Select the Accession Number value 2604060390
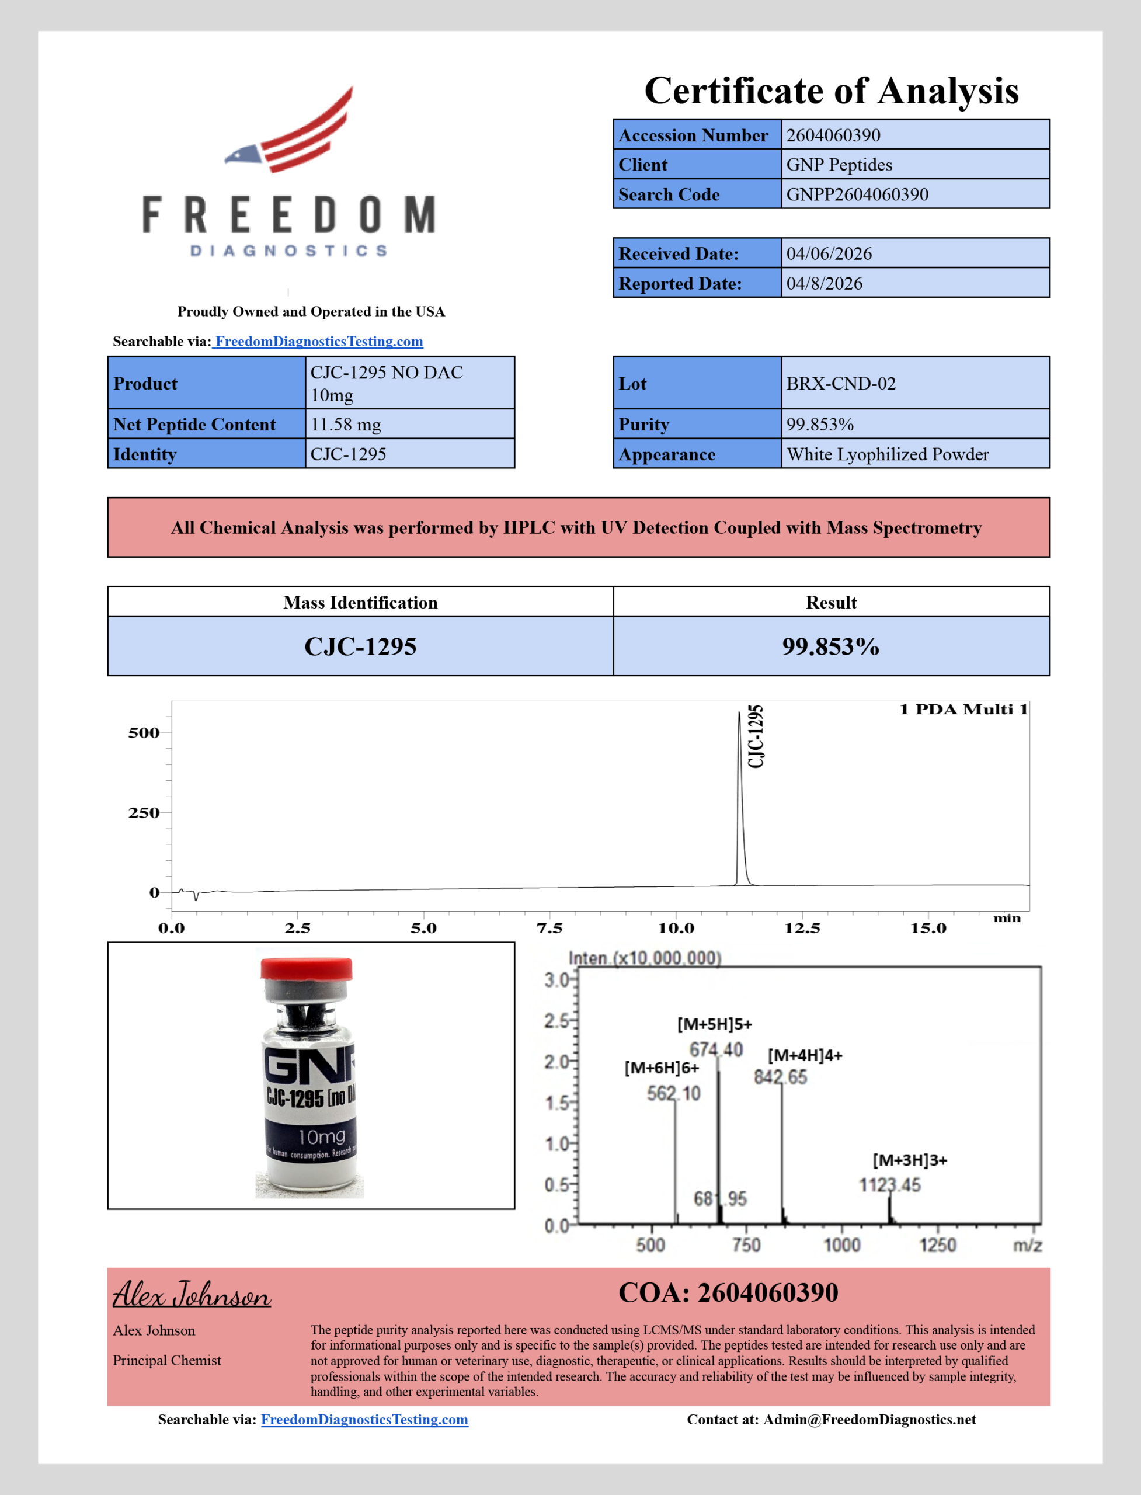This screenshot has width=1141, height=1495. pos(833,135)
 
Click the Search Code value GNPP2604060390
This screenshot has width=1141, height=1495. pos(857,195)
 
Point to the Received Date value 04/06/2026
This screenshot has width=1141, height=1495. pos(829,254)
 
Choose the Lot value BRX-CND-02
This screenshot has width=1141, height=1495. pos(841,384)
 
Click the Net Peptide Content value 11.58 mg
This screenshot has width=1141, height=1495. pos(346,425)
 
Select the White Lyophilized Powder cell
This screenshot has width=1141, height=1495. pos(887,454)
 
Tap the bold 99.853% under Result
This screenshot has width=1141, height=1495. pos(830,646)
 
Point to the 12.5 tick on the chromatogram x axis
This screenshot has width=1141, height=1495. pos(802,929)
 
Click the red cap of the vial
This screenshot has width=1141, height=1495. pos(307,968)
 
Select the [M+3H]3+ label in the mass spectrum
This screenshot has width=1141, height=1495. pos(909,1160)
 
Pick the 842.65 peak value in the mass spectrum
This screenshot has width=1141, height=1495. pos(780,1077)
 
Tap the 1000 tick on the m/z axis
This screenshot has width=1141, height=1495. pos(841,1245)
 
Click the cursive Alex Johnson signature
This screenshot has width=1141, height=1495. pos(192,1295)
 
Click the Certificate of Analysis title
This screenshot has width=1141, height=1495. pos(832,91)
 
